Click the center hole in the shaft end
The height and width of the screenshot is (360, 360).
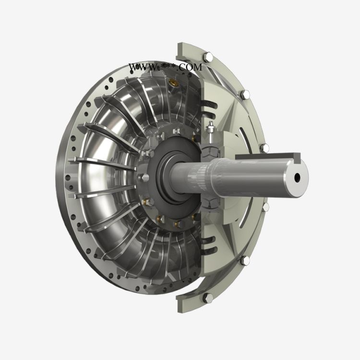point(297,177)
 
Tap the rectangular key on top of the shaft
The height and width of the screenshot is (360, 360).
point(268,156)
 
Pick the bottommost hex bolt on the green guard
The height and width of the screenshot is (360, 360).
point(208,298)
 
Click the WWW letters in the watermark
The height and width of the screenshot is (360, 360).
point(143,67)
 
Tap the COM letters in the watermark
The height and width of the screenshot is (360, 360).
point(190,67)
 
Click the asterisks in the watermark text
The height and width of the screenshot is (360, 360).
point(168,67)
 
